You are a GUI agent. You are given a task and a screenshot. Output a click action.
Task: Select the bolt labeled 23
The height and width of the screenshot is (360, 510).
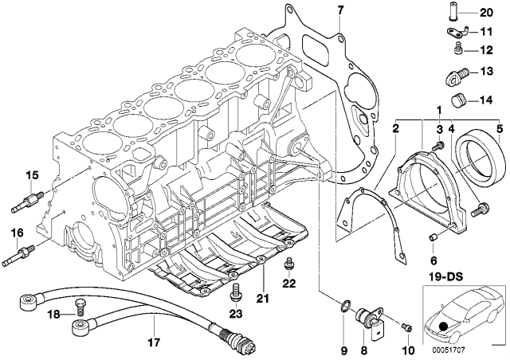pos(235,295)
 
